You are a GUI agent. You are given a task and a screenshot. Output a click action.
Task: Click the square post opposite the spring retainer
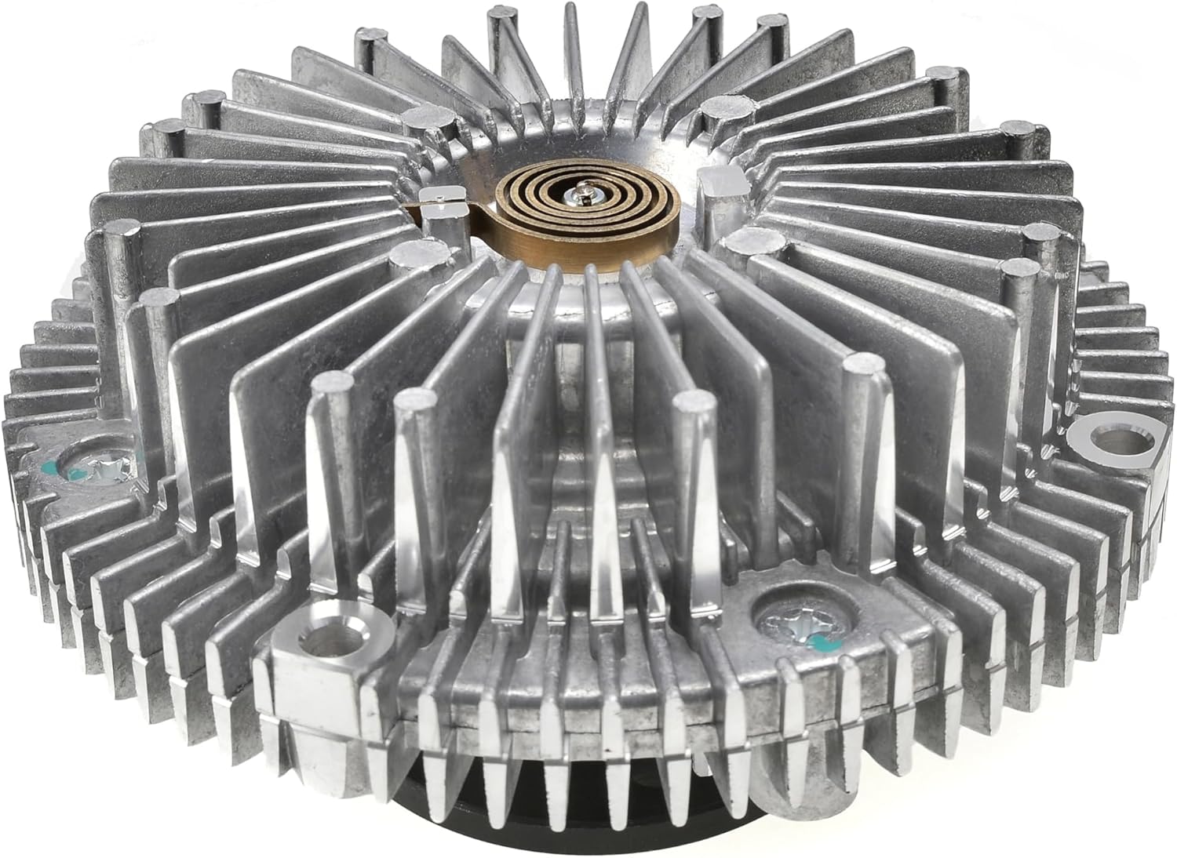point(718,184)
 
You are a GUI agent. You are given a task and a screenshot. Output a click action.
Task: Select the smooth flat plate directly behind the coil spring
point(596,133)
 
